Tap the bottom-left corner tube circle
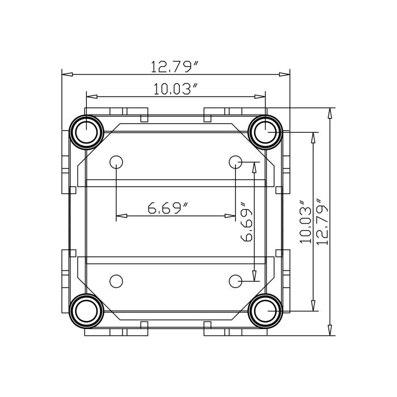click(86, 311)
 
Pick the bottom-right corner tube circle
click(265, 311)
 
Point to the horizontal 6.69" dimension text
click(168, 209)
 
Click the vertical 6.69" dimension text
click(247, 221)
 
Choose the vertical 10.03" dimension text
click(306, 221)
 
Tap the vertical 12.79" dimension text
click(323, 221)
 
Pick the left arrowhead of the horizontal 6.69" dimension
click(120, 216)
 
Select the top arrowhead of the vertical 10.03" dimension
click(312, 136)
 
